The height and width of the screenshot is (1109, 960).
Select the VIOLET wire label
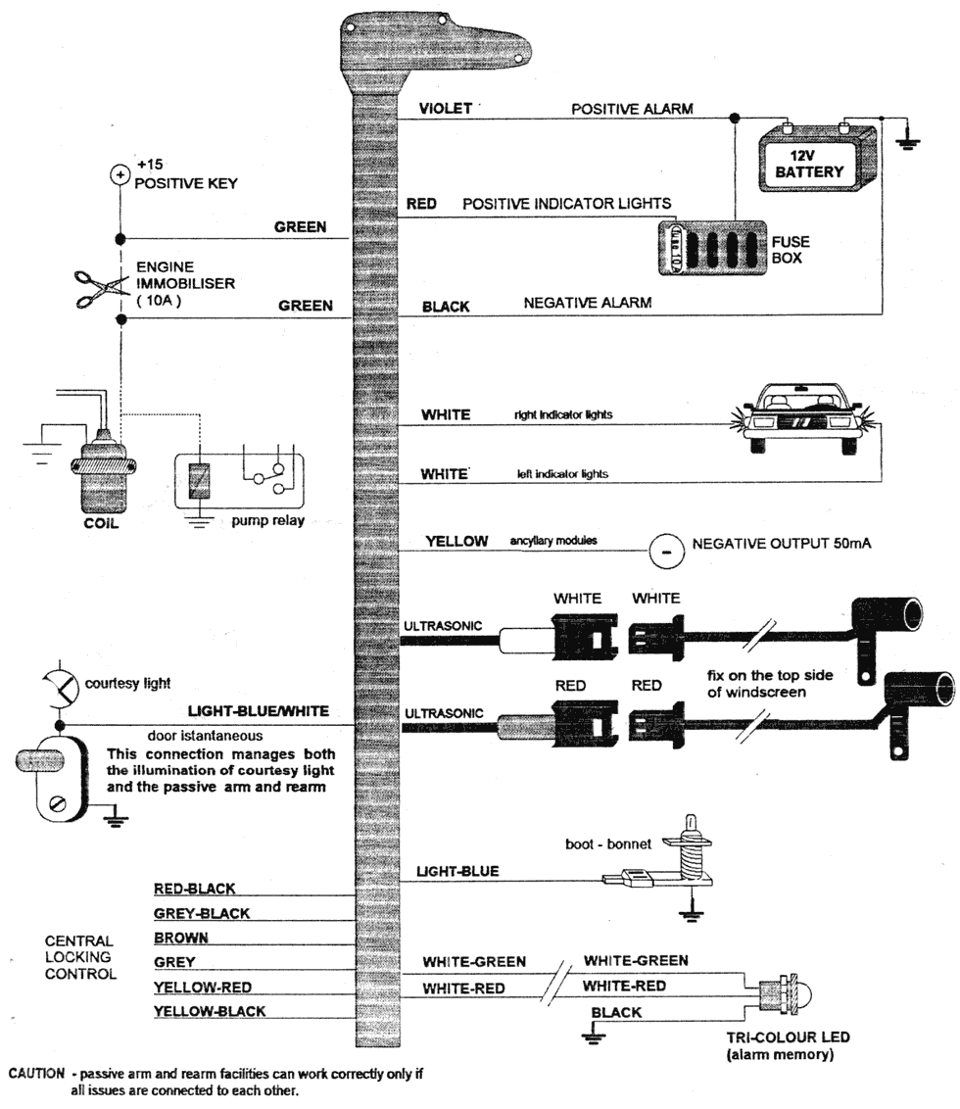point(446,109)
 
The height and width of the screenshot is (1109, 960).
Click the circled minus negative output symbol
point(664,552)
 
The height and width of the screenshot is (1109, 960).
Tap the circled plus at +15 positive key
point(120,174)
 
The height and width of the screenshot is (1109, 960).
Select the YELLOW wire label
point(456,541)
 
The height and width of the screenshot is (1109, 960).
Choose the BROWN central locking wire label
point(181,938)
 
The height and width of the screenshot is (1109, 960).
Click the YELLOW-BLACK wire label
point(209,1010)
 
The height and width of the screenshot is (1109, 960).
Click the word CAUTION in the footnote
point(36,1073)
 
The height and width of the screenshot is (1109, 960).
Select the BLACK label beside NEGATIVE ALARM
point(445,306)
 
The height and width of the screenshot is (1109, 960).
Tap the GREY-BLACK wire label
point(202,913)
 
